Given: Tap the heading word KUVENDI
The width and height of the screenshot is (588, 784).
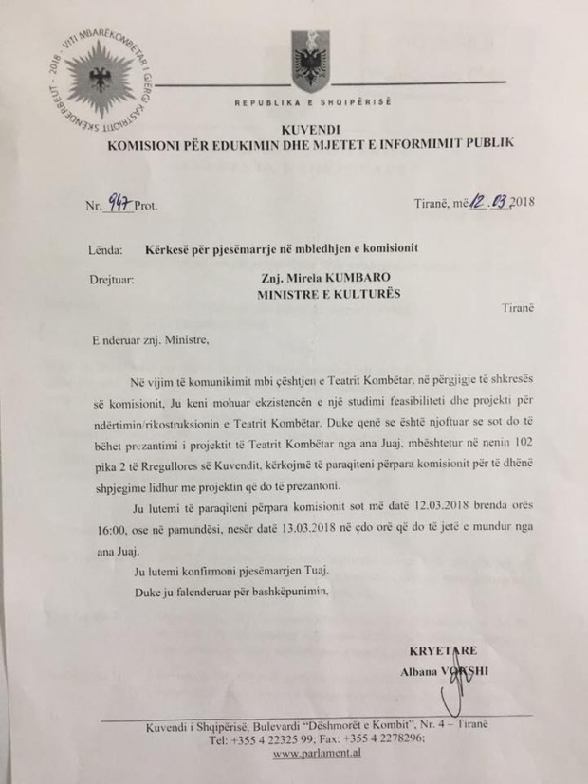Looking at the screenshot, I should tap(308, 128).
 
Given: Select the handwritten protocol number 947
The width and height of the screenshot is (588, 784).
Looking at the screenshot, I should tap(117, 200).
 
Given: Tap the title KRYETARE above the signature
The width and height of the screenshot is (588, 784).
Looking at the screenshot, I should tap(443, 653).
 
